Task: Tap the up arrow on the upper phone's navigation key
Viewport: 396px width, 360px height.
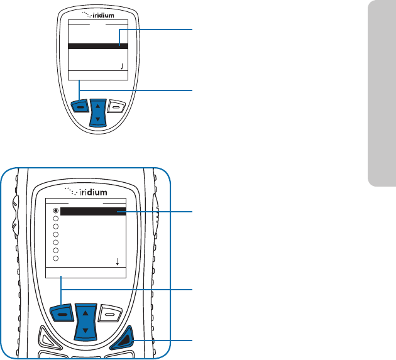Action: (x=97, y=105)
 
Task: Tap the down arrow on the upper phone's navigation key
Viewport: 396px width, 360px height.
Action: (x=97, y=119)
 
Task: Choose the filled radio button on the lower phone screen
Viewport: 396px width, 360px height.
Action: (x=56, y=210)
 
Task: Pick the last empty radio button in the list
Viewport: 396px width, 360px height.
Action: (x=56, y=258)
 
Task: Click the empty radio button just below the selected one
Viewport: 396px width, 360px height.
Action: (x=56, y=219)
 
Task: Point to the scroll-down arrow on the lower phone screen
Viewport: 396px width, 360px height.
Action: (x=118, y=262)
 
